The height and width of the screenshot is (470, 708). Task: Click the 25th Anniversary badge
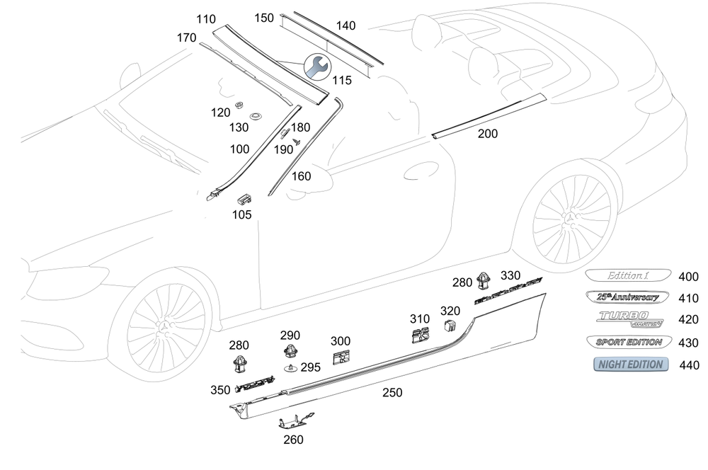coord(627,298)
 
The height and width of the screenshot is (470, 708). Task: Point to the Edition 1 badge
coord(627,276)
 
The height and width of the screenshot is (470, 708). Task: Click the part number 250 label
coord(392,392)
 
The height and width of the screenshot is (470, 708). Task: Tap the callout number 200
coord(487,133)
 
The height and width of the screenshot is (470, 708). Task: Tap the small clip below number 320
coord(450,326)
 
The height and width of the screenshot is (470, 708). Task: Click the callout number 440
coord(688,365)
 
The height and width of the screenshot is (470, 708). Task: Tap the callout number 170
coord(186,38)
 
